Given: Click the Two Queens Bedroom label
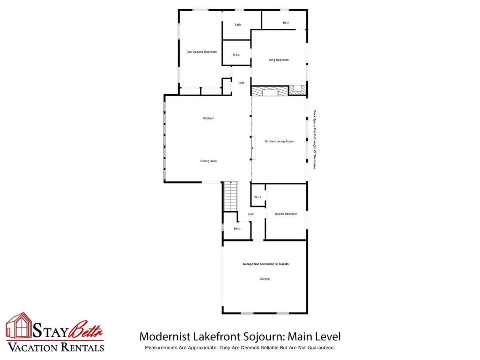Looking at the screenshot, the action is (201, 52).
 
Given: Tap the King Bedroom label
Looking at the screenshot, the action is (278, 60).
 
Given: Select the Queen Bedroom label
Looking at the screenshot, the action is (286, 214).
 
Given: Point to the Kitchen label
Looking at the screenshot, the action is (208, 118).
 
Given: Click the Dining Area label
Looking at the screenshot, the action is (208, 161).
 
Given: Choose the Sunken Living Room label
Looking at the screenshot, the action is (279, 142).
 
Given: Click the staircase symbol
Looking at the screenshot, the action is (230, 196).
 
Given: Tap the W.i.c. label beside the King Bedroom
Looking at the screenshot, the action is (236, 55).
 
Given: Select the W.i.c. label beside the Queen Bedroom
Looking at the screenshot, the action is (258, 197).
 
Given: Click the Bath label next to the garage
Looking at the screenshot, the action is (237, 229).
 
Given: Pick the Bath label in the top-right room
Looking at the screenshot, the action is (286, 23).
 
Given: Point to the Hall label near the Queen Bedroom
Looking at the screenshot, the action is (251, 214).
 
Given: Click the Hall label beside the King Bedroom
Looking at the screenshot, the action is (241, 83).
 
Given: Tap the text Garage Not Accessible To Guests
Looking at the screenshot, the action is (266, 264).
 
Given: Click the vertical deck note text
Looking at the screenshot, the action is (314, 140).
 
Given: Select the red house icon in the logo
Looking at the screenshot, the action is (19, 325).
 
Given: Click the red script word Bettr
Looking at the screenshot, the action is (86, 330).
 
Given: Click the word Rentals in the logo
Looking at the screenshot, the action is (82, 348).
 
